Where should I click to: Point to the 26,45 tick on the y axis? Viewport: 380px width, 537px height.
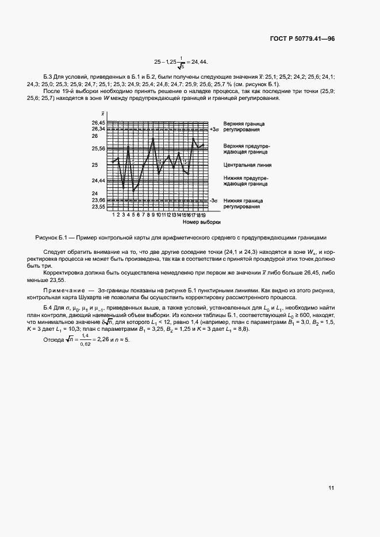pos(98,123)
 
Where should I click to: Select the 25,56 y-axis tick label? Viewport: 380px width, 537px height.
pos(98,149)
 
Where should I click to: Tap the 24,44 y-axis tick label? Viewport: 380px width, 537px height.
pos(98,181)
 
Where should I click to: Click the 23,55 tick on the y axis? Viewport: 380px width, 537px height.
pos(98,207)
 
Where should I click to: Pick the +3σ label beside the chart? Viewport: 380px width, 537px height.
pos(215,130)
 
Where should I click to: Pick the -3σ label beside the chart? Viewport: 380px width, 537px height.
pos(214,200)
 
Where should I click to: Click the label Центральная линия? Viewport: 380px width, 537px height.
pos(248,165)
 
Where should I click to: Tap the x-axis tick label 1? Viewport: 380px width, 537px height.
pos(114,214)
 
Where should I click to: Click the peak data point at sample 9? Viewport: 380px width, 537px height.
pos(153,138)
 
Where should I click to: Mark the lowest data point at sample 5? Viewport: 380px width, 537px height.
pos(133,191)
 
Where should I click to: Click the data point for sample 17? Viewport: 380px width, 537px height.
pos(193,138)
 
